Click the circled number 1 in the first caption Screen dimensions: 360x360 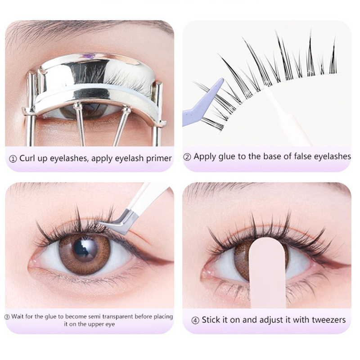click(x=13, y=159)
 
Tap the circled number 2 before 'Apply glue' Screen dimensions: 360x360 click(x=187, y=157)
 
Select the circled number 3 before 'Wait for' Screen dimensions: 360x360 click(x=7, y=317)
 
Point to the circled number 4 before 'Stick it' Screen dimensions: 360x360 click(x=195, y=320)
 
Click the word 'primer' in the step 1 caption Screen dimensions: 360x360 click(x=159, y=159)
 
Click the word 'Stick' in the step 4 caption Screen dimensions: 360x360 click(x=211, y=320)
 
